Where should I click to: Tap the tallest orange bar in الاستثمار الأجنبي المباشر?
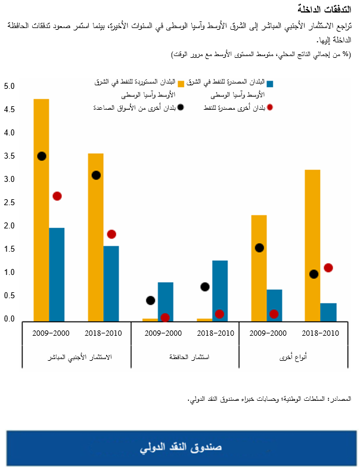point(41,209)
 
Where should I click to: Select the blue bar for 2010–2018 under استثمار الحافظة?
point(219,290)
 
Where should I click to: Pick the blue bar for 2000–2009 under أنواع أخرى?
point(274,305)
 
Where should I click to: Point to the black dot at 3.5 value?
point(41,156)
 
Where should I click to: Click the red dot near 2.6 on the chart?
point(57,196)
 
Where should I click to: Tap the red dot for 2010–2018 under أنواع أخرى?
point(328,268)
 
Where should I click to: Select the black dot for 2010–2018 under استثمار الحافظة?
point(205,287)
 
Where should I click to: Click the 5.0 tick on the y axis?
point(8,86)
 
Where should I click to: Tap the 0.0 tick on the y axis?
point(8,319)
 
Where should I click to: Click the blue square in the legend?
point(270,83)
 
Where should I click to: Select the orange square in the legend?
point(181,83)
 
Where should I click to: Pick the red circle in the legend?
point(270,107)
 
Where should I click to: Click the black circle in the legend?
point(181,107)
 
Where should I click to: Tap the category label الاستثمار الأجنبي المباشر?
point(76,357)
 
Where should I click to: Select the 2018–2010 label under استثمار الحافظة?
point(213,332)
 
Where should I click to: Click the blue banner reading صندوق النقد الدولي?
point(180,447)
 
